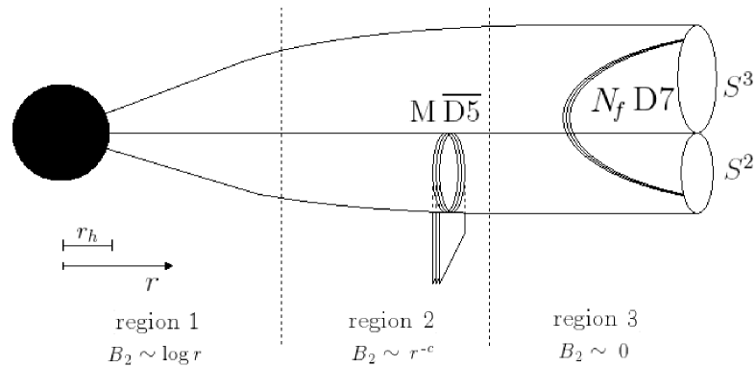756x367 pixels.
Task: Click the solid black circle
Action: [61, 133]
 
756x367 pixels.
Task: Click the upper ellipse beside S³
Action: [699, 80]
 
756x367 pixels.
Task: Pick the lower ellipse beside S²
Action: [698, 173]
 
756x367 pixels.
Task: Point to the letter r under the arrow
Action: [149, 283]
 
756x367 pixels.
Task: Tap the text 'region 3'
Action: [596, 318]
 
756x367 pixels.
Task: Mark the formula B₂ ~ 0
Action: [597, 347]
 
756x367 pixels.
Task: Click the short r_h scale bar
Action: [87, 247]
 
